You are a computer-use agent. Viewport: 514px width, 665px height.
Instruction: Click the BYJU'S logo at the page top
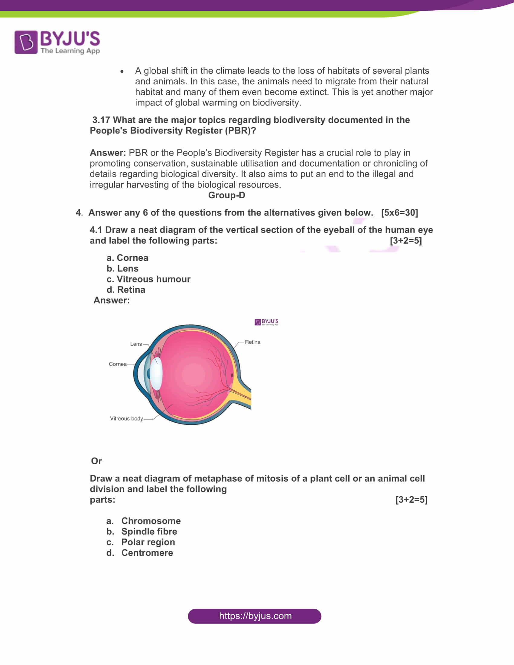57,42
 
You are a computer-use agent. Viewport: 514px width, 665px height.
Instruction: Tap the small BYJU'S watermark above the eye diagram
266,322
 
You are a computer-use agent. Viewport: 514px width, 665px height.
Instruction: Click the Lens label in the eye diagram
136,344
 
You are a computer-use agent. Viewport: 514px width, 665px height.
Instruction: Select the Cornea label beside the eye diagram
118,364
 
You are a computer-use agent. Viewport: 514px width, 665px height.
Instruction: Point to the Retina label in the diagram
252,342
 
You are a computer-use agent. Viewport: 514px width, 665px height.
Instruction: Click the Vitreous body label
126,418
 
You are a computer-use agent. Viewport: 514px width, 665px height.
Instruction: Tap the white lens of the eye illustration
156,373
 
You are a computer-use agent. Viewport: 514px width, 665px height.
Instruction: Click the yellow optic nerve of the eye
242,396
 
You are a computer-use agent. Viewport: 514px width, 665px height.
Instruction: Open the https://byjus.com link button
255,616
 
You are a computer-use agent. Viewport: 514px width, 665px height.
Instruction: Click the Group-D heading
226,195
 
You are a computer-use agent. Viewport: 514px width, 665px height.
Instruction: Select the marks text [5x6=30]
399,212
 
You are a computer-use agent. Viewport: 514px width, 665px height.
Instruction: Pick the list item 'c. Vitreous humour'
148,279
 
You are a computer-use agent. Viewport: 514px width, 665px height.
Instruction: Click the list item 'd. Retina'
126,290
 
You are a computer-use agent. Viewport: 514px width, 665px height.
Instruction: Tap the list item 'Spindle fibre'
149,531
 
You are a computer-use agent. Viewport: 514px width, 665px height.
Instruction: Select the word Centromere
147,553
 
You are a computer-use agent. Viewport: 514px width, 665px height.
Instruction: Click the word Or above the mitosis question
96,461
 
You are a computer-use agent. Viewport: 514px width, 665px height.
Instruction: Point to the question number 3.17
101,120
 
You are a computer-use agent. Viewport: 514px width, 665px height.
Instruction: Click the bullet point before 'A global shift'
122,71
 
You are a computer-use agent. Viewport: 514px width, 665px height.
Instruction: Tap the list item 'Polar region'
148,542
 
